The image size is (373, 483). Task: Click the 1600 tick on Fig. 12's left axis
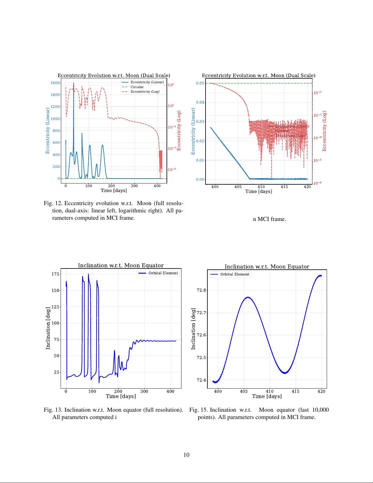click(55, 83)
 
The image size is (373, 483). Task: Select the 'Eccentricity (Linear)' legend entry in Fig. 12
click(147, 82)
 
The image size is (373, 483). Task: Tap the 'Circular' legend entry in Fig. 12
click(137, 87)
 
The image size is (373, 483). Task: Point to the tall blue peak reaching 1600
click(73, 84)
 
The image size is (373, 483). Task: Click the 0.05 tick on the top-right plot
click(200, 83)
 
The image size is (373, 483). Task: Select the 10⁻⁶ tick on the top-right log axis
click(317, 183)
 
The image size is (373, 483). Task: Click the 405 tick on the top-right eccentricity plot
click(238, 187)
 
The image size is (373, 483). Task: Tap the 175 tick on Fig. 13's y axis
click(55, 274)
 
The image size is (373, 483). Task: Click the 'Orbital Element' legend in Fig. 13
click(163, 273)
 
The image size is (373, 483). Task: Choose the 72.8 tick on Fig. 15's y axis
click(201, 290)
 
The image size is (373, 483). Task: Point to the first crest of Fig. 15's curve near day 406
click(248, 297)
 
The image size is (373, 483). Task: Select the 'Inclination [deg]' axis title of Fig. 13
click(48, 328)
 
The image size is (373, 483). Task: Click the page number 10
click(186, 455)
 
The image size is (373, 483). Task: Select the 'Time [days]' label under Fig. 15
click(267, 396)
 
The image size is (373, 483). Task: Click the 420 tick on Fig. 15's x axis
click(321, 391)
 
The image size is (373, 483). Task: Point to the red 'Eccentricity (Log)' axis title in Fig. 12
click(179, 130)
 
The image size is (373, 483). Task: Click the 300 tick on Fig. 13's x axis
click(144, 391)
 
